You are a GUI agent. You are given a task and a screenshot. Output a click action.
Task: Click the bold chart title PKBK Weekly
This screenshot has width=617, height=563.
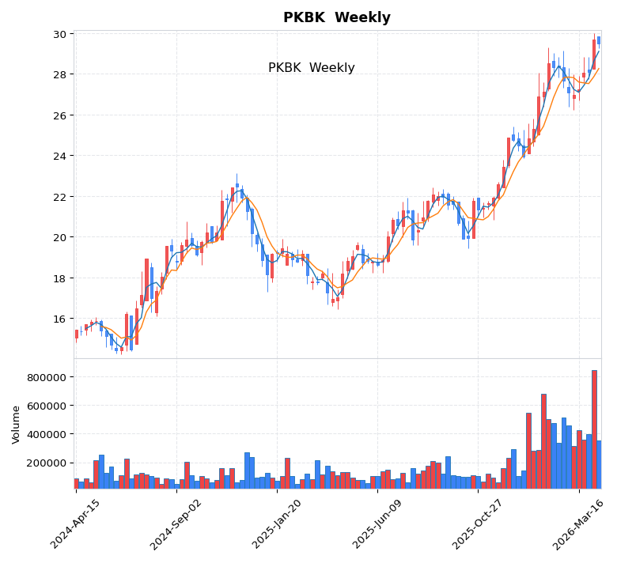(x=336, y=17)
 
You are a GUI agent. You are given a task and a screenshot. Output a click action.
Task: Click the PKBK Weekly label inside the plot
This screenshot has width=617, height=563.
(x=311, y=68)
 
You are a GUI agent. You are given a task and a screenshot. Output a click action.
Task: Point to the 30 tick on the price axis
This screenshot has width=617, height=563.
(x=59, y=34)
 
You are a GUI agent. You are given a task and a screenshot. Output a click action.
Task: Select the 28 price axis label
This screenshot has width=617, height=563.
(x=59, y=74)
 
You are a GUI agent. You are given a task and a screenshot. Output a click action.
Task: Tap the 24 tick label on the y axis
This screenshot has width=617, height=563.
(x=59, y=156)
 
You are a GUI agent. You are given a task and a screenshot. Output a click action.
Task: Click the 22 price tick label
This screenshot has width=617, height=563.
(x=59, y=197)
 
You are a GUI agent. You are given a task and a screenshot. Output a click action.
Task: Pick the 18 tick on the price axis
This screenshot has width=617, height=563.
(x=59, y=278)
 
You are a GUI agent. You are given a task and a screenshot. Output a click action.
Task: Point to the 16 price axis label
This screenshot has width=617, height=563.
(x=59, y=319)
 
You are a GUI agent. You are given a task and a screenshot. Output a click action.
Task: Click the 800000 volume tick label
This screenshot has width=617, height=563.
(x=47, y=377)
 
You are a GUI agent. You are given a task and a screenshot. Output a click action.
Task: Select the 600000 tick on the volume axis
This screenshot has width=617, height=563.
(x=47, y=406)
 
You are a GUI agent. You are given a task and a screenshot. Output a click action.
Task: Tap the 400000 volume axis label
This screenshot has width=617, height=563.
(x=47, y=434)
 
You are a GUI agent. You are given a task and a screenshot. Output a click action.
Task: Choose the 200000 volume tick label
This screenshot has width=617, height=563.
(x=47, y=463)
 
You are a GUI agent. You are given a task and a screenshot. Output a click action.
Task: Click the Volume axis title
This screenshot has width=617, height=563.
(x=16, y=425)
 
